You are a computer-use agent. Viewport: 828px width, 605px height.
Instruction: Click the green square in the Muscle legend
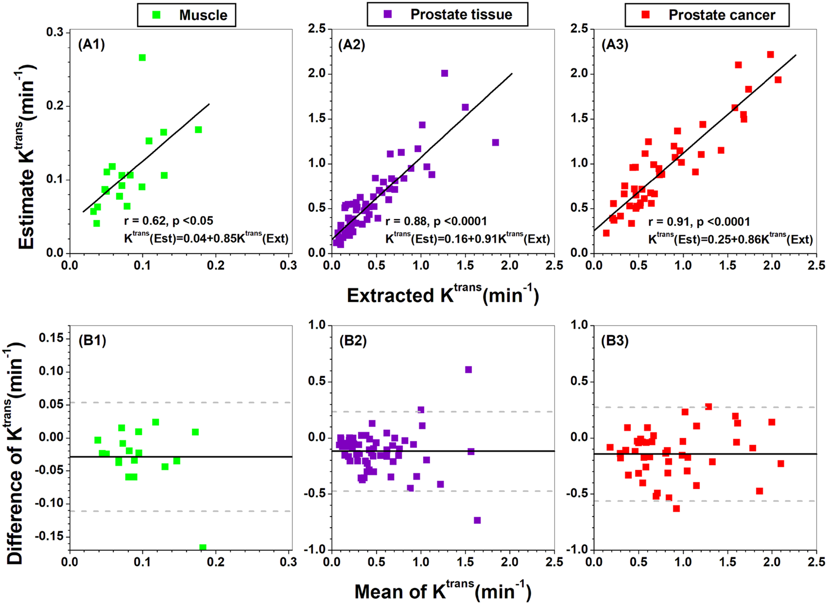(156, 15)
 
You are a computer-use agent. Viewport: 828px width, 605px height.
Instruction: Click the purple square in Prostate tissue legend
(387, 14)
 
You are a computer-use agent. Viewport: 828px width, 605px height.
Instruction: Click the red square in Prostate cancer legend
(645, 15)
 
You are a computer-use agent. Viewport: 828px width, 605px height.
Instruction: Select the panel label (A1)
(91, 44)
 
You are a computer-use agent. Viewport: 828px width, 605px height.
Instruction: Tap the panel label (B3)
(614, 340)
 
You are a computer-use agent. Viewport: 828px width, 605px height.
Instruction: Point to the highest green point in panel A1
(142, 58)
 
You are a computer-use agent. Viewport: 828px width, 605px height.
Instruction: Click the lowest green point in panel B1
(203, 547)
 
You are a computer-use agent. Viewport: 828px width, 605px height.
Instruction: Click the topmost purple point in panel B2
(468, 370)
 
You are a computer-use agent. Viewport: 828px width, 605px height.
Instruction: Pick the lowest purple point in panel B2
(477, 520)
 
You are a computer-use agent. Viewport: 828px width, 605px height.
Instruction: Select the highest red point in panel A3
(770, 54)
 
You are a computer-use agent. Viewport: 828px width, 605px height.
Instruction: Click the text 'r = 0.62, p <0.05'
(169, 221)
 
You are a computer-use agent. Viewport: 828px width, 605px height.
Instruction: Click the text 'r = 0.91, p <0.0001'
(699, 221)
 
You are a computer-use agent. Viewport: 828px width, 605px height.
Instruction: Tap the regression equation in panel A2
(467, 239)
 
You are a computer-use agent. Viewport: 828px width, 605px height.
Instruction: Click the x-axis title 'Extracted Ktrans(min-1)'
(442, 295)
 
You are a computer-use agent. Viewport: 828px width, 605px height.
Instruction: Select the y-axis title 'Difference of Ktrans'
(15, 454)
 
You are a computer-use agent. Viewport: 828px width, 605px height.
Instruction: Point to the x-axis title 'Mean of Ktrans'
(442, 591)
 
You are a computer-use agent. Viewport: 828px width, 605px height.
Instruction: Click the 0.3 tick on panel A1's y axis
(55, 33)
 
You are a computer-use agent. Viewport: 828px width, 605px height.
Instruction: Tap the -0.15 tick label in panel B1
(49, 536)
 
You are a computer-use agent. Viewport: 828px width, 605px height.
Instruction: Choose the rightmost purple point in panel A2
(496, 143)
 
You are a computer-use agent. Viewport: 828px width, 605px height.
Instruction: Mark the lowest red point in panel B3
(676, 508)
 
